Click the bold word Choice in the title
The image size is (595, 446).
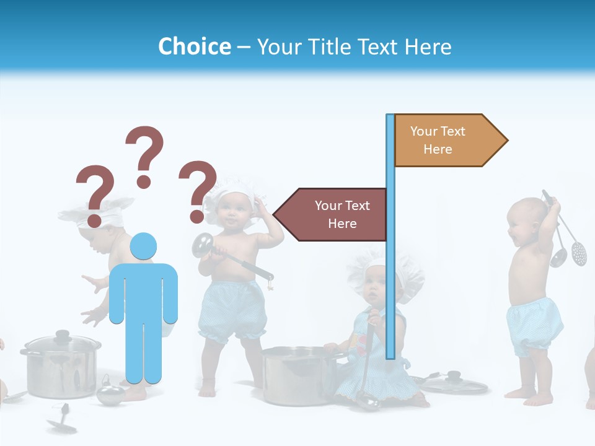click(194, 46)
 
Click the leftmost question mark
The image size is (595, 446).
click(94, 193)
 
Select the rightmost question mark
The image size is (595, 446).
click(198, 190)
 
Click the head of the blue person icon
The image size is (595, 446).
click(143, 247)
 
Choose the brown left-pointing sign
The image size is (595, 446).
click(335, 214)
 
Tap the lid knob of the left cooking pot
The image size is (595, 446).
click(63, 335)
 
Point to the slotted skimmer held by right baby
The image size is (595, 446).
click(578, 251)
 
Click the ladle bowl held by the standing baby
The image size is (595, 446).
click(201, 245)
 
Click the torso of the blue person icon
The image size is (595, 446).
click(143, 291)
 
